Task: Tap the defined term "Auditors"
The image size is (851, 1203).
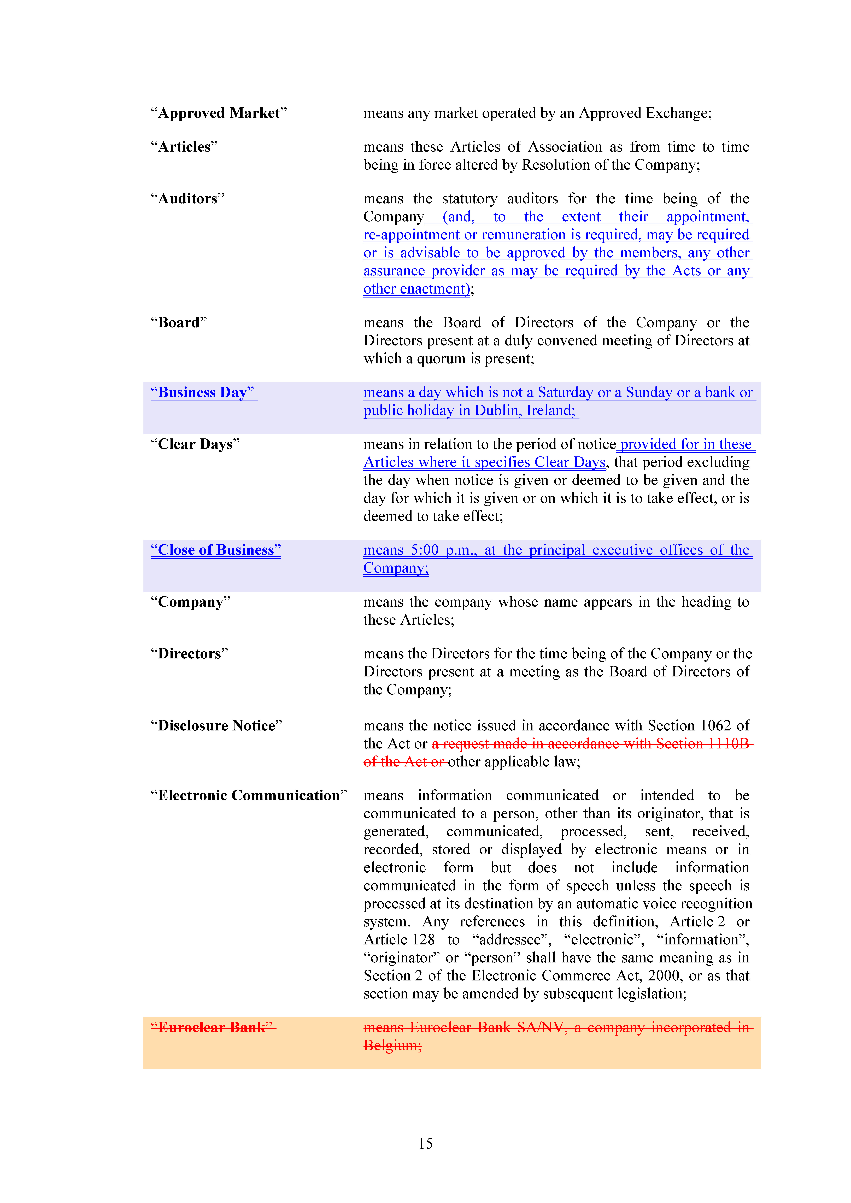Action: click(x=188, y=199)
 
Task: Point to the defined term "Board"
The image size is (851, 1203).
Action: click(x=179, y=323)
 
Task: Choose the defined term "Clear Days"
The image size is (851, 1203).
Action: click(x=195, y=444)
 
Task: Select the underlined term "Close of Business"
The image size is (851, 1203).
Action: click(x=215, y=550)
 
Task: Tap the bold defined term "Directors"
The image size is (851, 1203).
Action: click(x=189, y=654)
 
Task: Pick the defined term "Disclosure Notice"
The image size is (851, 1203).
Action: click(x=216, y=726)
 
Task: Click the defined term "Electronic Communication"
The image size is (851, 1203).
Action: click(x=249, y=796)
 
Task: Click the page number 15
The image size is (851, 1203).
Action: click(x=425, y=1144)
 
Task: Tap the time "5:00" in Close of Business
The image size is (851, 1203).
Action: click(x=424, y=550)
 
